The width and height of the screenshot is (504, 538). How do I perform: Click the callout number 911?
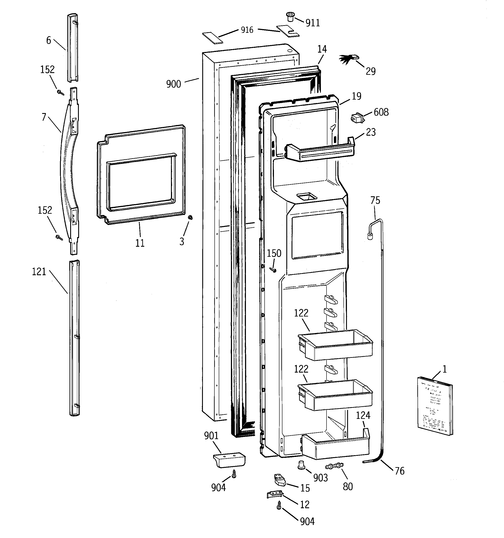coord(313,23)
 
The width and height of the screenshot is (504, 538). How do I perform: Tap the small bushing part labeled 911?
coord(290,17)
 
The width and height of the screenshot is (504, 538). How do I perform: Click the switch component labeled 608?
coord(356,118)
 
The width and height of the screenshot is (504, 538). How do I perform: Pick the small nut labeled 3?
coord(190,217)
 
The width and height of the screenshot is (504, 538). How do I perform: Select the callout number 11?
coord(140,243)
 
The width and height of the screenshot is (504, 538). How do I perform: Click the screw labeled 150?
coord(274,270)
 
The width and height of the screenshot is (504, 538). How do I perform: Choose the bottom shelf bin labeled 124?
coord(335,446)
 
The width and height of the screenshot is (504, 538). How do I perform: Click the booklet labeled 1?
coord(435,406)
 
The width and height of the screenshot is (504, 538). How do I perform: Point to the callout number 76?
coord(399,471)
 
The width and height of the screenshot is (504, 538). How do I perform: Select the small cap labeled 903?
coord(301,465)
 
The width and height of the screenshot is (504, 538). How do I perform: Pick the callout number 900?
coord(173,84)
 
